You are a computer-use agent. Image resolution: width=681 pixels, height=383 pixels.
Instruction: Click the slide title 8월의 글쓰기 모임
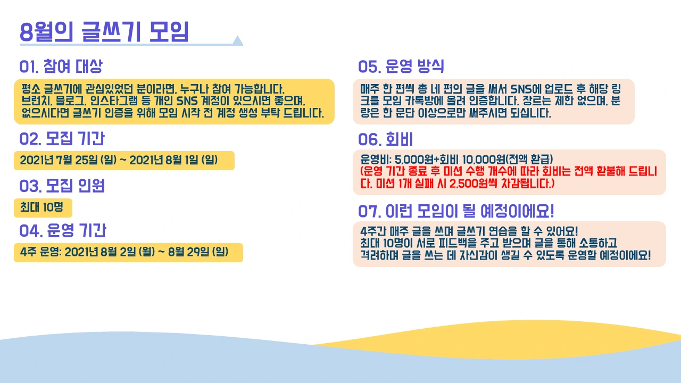coord(104,31)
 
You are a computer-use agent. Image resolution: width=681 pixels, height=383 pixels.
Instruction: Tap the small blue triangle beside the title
coord(237,40)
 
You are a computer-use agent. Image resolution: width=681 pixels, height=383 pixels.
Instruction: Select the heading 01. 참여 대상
coord(61,66)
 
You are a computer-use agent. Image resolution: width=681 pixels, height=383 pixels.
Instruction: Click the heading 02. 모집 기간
coord(62,139)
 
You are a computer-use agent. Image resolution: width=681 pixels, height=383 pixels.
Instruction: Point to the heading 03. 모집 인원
coord(62,186)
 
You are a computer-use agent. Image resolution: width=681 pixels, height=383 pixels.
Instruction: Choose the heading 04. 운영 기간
coord(62,230)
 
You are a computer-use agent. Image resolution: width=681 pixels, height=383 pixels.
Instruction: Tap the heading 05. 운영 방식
coord(401,66)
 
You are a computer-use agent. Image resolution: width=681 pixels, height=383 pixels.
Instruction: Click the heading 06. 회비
coord(385,139)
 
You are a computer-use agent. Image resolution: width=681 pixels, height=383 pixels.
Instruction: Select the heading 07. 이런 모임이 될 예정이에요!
coord(456,211)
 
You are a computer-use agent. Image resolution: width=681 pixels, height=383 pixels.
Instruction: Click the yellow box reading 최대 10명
coord(42,207)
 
